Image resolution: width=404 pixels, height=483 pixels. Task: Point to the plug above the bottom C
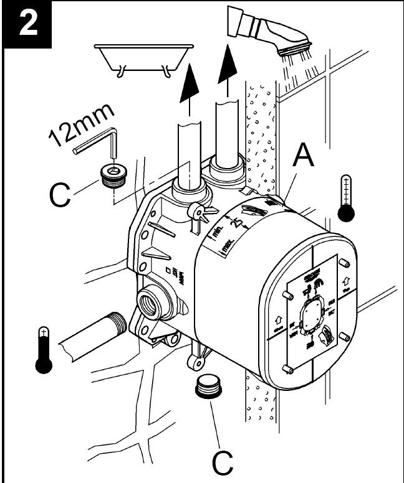(209, 387)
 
